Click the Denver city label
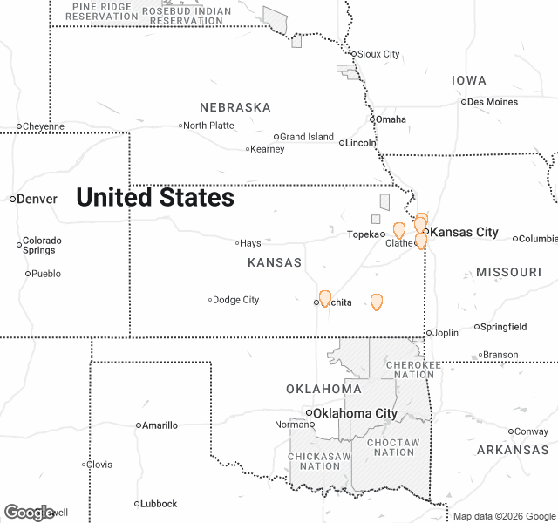[x=37, y=199]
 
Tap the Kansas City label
[x=465, y=232]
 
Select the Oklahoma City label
[x=355, y=413]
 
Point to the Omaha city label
[x=391, y=119]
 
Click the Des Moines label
[x=493, y=102]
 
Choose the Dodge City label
[x=236, y=300]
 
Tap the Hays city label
[x=250, y=243]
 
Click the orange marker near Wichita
[x=325, y=298]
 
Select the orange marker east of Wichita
[x=377, y=302]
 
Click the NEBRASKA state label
[x=235, y=107]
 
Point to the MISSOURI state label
[x=509, y=272]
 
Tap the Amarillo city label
[x=160, y=425]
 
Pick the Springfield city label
[x=505, y=327]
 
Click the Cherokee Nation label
[x=409, y=370]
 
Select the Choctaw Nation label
[x=393, y=447]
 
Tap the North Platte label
[x=208, y=126]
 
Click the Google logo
[x=29, y=513]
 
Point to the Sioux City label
[x=378, y=54]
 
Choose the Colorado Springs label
[x=42, y=245]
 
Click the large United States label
[x=155, y=198]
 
